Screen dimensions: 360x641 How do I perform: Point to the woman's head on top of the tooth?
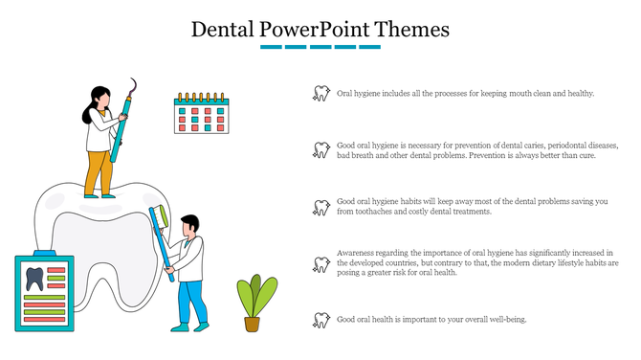tap(99, 98)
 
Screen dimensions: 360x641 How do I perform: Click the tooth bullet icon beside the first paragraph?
tap(321, 94)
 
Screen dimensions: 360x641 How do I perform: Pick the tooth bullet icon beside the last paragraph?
tap(321, 320)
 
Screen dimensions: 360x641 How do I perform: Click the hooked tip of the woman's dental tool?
tap(126, 84)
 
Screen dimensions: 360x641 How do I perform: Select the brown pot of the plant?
tap(252, 324)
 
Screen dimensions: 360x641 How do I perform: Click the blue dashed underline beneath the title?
tap(320, 46)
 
